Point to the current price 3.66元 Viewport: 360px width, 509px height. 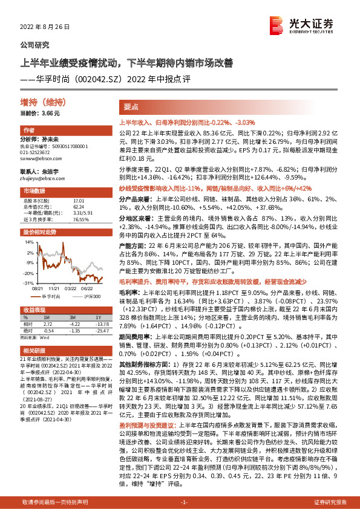(x=38, y=114)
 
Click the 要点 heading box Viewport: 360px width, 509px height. (x=129, y=105)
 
